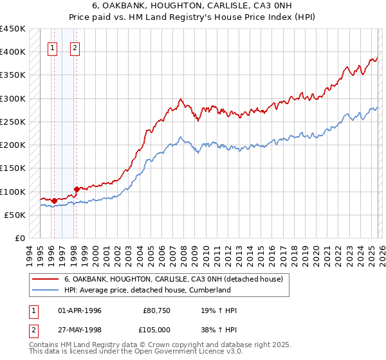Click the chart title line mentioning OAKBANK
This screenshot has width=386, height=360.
click(x=192, y=4)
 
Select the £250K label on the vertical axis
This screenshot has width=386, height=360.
click(x=13, y=122)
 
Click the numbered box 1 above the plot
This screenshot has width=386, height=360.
click(x=52, y=47)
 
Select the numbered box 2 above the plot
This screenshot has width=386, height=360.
click(x=75, y=47)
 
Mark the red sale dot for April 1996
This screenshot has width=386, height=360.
click(x=54, y=201)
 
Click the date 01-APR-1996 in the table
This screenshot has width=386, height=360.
click(x=80, y=311)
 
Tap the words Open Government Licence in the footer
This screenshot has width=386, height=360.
click(x=178, y=353)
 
